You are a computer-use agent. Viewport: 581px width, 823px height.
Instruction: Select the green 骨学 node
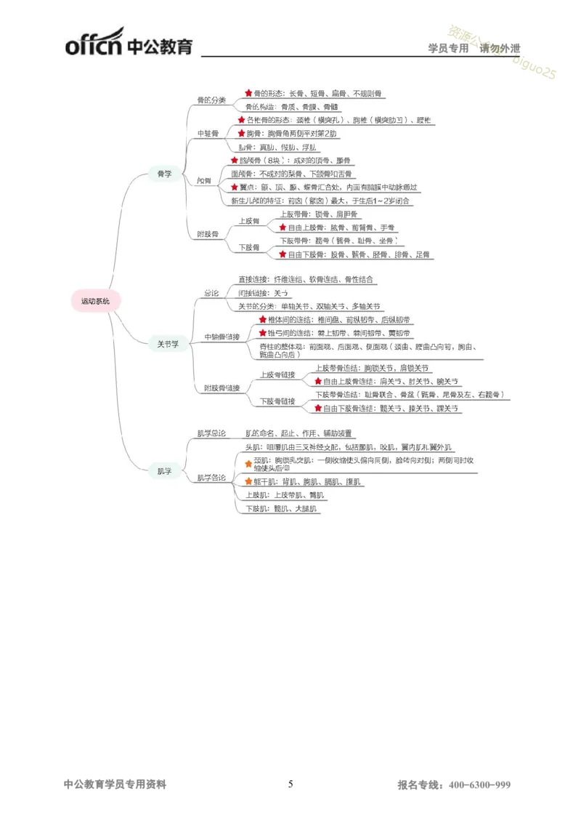click(165, 174)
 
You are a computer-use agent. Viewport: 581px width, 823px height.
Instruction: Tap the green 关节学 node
click(168, 344)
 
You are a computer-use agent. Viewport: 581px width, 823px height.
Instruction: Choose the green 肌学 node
click(165, 471)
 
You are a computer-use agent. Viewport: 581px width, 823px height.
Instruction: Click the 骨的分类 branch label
click(211, 100)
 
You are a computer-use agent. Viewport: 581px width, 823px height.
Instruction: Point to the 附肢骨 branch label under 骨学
click(208, 234)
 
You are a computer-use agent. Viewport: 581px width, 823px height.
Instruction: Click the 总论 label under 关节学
click(211, 293)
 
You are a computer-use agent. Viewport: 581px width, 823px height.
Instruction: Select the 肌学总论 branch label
click(211, 433)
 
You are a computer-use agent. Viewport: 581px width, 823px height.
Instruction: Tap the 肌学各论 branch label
click(211, 478)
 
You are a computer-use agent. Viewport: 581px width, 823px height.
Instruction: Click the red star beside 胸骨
click(242, 134)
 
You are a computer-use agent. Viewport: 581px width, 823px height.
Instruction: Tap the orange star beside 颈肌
click(248, 463)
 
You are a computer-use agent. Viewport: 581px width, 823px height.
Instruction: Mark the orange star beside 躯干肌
click(248, 481)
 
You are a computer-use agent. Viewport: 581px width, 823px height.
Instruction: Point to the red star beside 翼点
click(234, 187)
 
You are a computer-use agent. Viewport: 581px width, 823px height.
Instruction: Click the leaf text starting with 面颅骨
click(293, 174)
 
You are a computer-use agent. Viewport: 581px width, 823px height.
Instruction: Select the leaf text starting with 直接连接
click(308, 279)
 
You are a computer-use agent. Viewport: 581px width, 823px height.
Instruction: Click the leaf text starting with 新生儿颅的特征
click(320, 201)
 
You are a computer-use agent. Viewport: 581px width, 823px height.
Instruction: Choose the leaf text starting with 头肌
click(349, 447)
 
